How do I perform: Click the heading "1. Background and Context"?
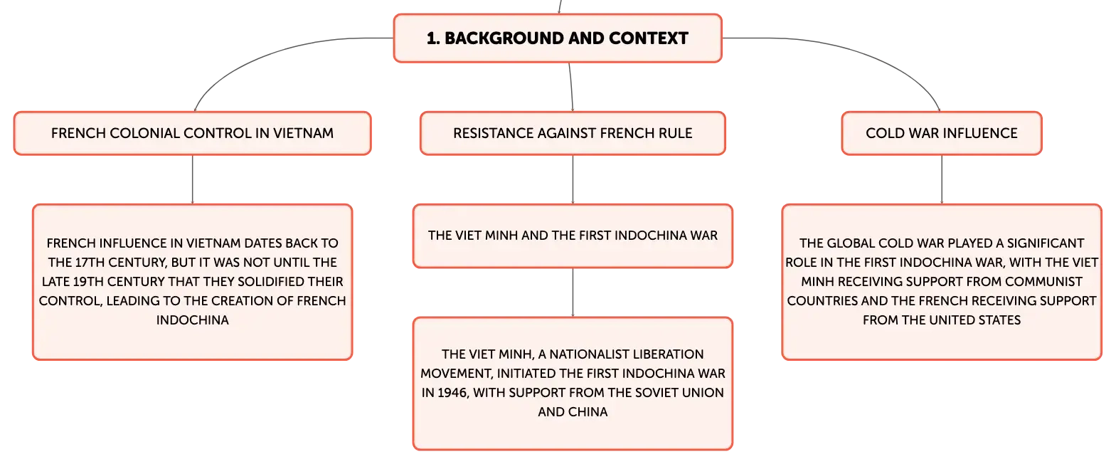click(558, 38)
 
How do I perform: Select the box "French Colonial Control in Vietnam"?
click(192, 133)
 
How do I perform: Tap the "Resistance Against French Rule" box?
click(573, 133)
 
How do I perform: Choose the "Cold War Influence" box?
click(942, 133)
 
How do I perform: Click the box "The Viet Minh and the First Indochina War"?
click(573, 236)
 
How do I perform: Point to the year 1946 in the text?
click(452, 393)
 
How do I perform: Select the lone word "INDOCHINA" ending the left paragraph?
click(192, 320)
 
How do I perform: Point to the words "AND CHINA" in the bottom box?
click(573, 412)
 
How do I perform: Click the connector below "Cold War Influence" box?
click(942, 179)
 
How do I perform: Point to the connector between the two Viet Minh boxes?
click(573, 292)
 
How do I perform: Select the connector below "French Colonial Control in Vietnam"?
click(192, 179)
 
